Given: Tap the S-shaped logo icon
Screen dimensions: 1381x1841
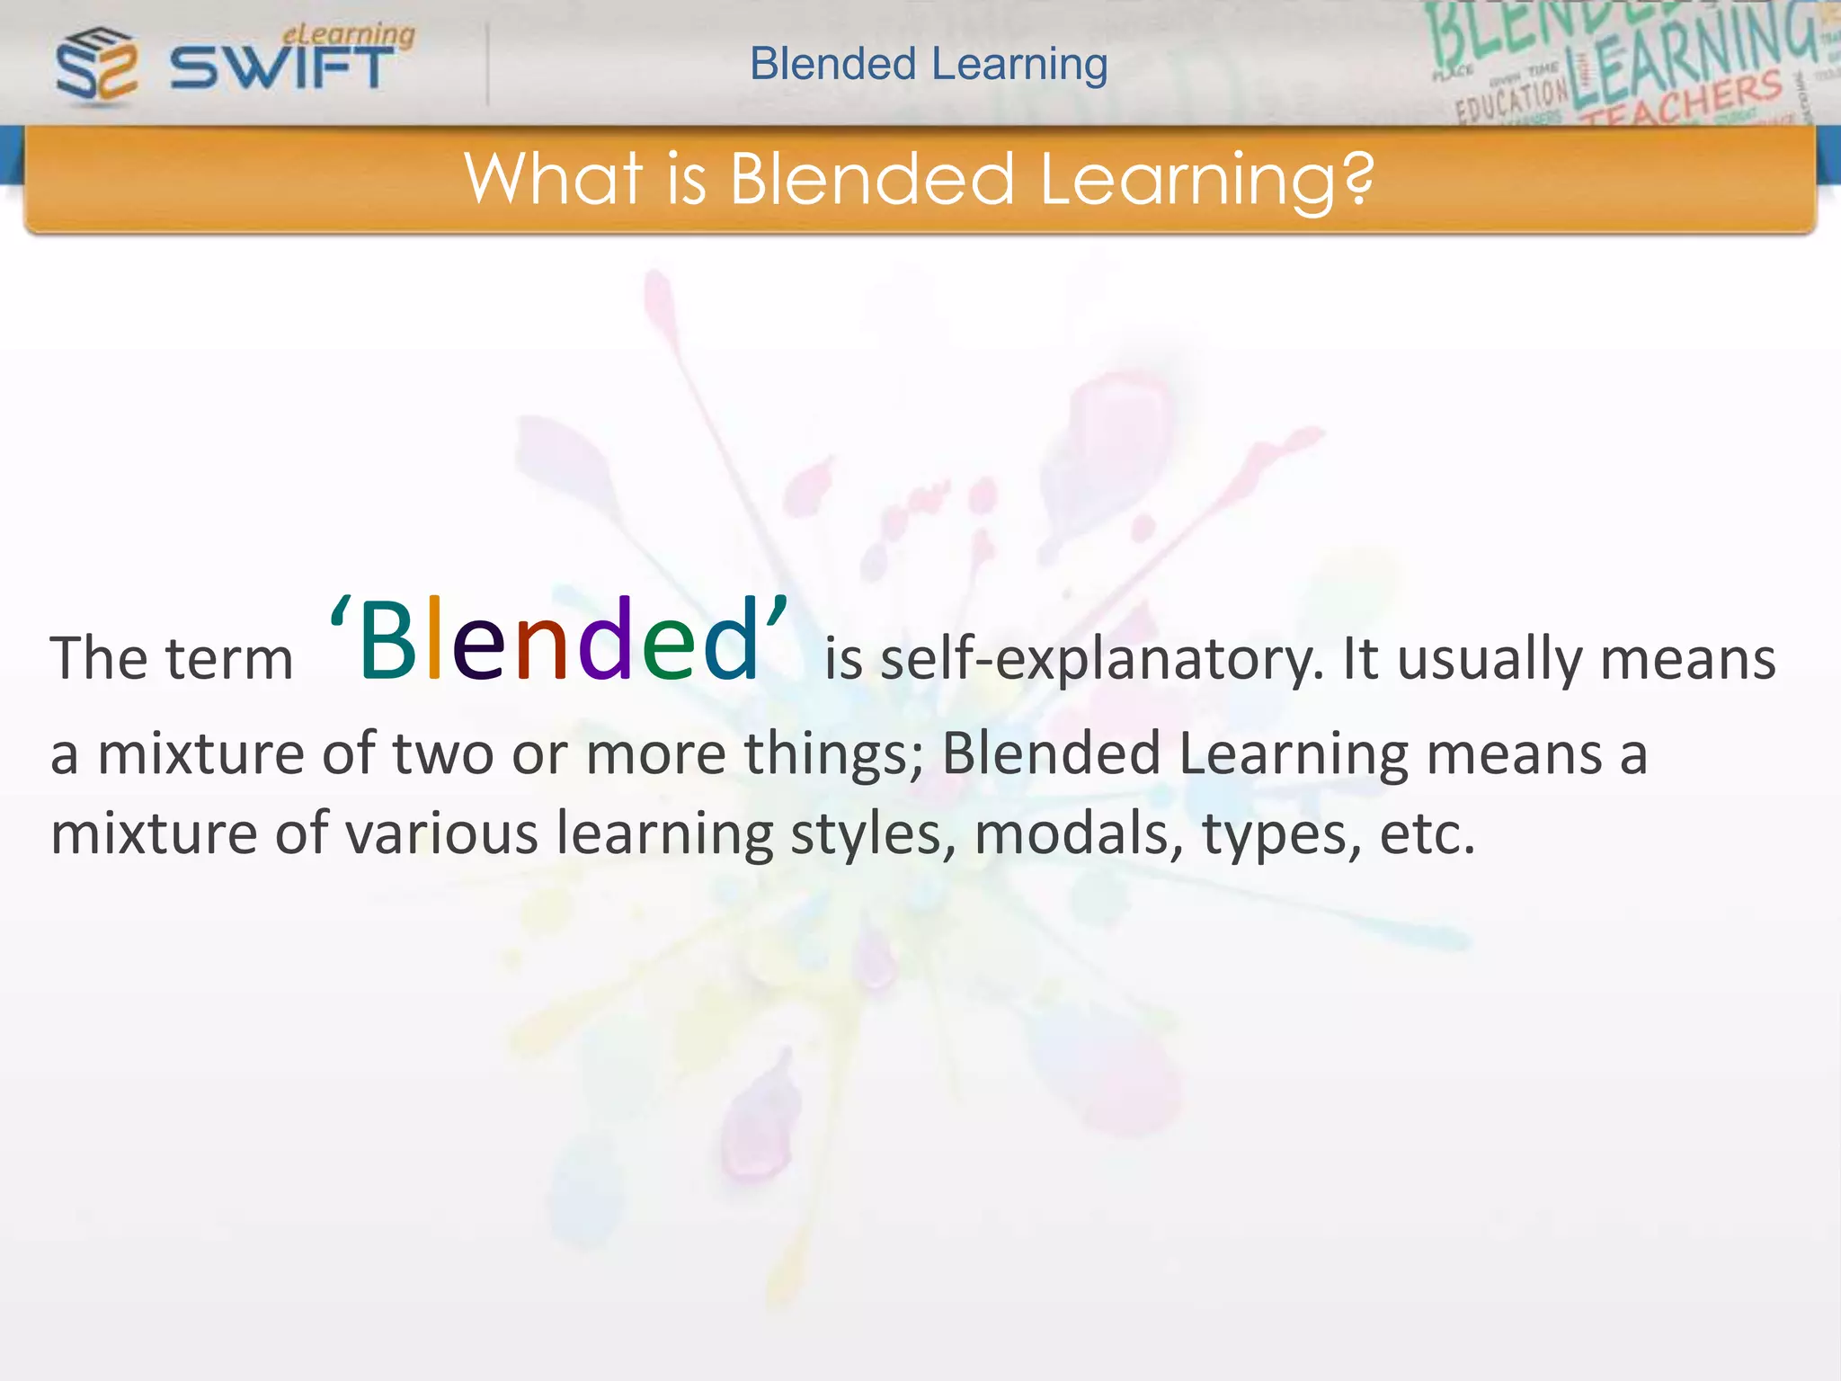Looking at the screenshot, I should (97, 65).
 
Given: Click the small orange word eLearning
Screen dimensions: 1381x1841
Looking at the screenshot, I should (349, 34).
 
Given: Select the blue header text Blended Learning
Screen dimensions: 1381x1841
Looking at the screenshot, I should (929, 65).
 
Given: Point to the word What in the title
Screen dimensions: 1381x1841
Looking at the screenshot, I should (554, 178).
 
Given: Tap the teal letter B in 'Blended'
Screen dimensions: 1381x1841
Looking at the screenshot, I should (387, 640).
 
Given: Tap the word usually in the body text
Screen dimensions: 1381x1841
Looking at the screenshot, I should (1489, 660).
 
